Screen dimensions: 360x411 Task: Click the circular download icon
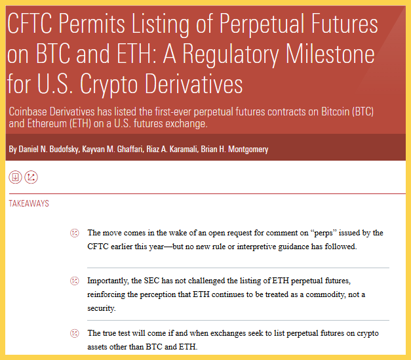[x=15, y=177]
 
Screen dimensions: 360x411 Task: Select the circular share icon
[x=31, y=177]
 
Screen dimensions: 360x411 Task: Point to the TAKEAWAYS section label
[x=28, y=204]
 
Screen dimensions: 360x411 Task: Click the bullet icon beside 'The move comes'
[x=75, y=233]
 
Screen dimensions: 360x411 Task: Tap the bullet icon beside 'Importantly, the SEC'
[x=75, y=281]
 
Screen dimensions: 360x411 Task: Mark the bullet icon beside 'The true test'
[x=75, y=334]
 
